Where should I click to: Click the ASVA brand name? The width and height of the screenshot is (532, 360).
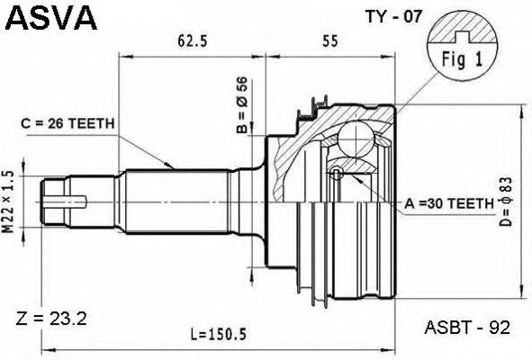(51, 17)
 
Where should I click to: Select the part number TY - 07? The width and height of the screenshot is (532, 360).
(393, 16)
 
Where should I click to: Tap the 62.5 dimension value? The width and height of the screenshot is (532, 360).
(192, 41)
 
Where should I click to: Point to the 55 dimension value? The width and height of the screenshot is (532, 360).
(330, 41)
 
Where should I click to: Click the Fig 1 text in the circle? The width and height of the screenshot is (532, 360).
(462, 59)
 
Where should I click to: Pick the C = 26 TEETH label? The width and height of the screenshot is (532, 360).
(68, 124)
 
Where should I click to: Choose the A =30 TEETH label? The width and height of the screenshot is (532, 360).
(449, 203)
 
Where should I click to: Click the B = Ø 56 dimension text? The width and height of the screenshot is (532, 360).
(243, 104)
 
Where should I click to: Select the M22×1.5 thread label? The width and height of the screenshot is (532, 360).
(8, 202)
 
